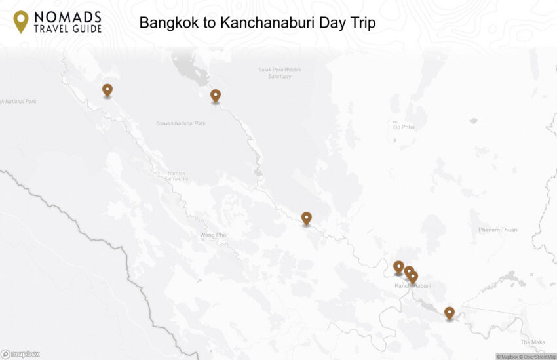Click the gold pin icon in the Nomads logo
pyautogui.click(x=21, y=21)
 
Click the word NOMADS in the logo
pyautogui.click(x=67, y=16)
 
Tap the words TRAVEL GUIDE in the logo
pyautogui.click(x=67, y=29)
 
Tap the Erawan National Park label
pyautogui.click(x=181, y=123)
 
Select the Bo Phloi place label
pyautogui.click(x=404, y=127)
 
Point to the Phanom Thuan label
pyautogui.click(x=497, y=230)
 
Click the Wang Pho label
pyautogui.click(x=214, y=235)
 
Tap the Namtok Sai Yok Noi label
pyautogui.click(x=176, y=175)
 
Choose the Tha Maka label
pyautogui.click(x=532, y=342)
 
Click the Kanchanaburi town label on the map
pyautogui.click(x=412, y=286)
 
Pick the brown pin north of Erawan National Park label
pyautogui.click(x=216, y=96)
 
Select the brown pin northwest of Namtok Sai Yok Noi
pyautogui.click(x=107, y=90)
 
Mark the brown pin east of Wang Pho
pyautogui.click(x=306, y=218)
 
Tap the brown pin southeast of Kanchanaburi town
pyautogui.click(x=449, y=313)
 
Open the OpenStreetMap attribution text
pyautogui.click(x=537, y=357)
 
